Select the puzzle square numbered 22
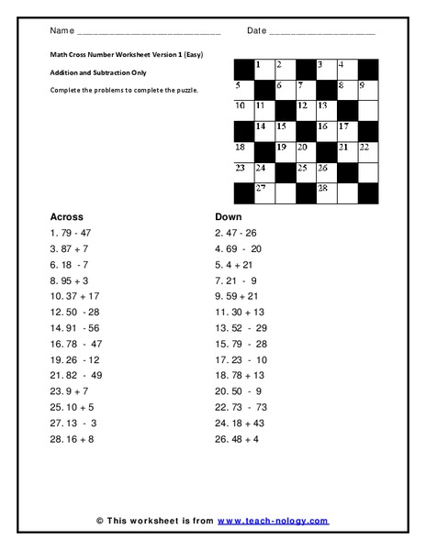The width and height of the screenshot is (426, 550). [x=367, y=151]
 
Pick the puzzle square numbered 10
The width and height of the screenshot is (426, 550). [x=243, y=111]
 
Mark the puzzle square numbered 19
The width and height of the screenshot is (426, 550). [x=285, y=151]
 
